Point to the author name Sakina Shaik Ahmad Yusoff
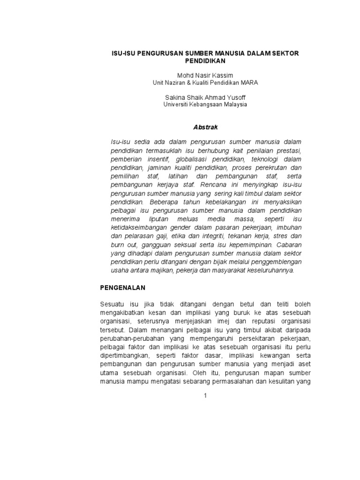205,97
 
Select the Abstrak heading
205,127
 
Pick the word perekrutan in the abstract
271,168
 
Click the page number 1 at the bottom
205,396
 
